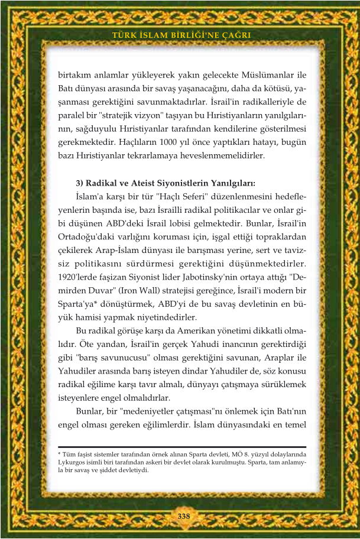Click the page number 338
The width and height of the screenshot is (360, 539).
(183, 516)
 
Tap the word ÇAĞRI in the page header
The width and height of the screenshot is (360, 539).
(236, 35)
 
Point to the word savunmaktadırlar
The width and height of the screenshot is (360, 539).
(172, 102)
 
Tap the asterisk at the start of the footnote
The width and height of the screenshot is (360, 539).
(60, 454)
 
